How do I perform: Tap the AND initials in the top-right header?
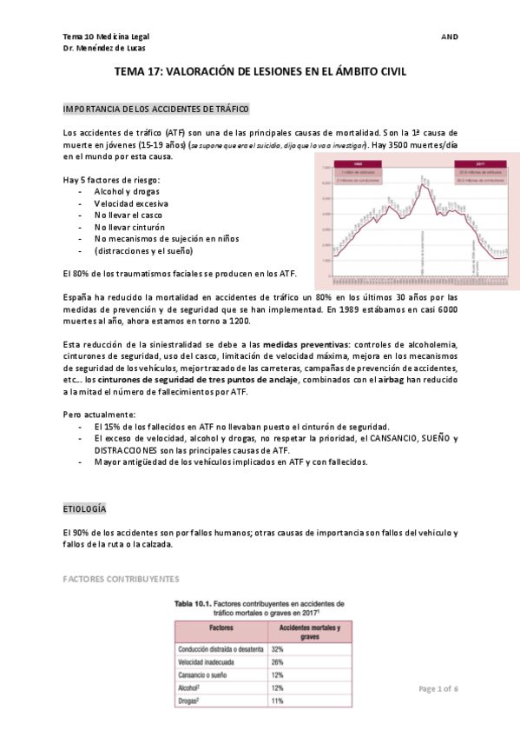click(450, 37)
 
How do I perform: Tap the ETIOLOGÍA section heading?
click(86, 507)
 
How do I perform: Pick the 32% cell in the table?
click(279, 649)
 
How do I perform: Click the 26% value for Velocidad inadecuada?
click(279, 662)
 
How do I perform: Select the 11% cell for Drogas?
click(279, 700)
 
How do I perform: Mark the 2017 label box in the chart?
click(479, 163)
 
